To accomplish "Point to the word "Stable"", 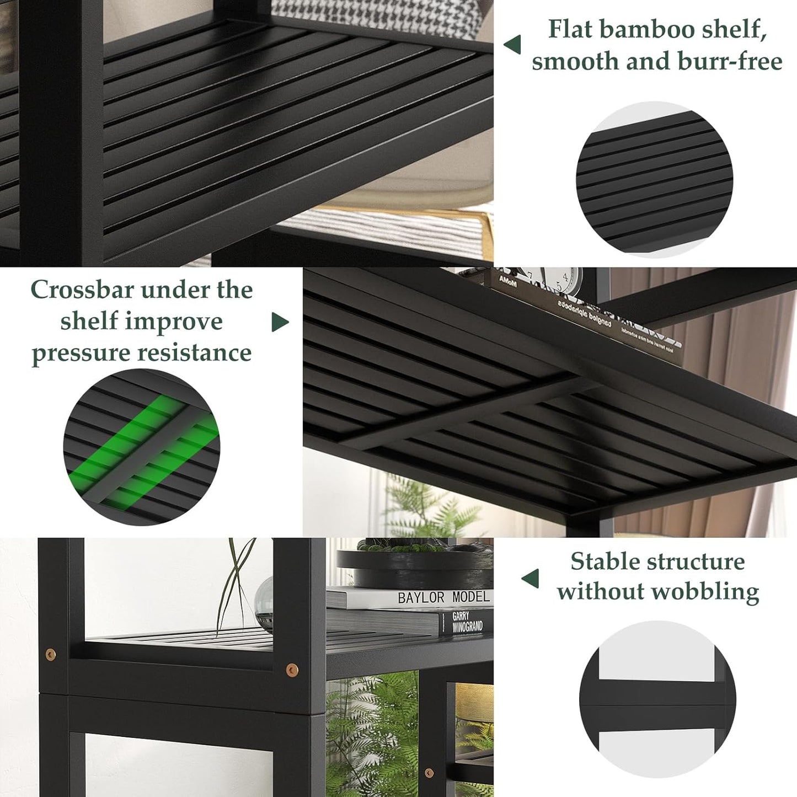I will [604, 561].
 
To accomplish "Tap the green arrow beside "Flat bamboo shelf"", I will [512, 45].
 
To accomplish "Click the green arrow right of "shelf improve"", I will [280, 322].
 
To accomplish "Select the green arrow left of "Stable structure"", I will [530, 579].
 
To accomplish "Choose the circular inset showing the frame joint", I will [657, 699].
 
